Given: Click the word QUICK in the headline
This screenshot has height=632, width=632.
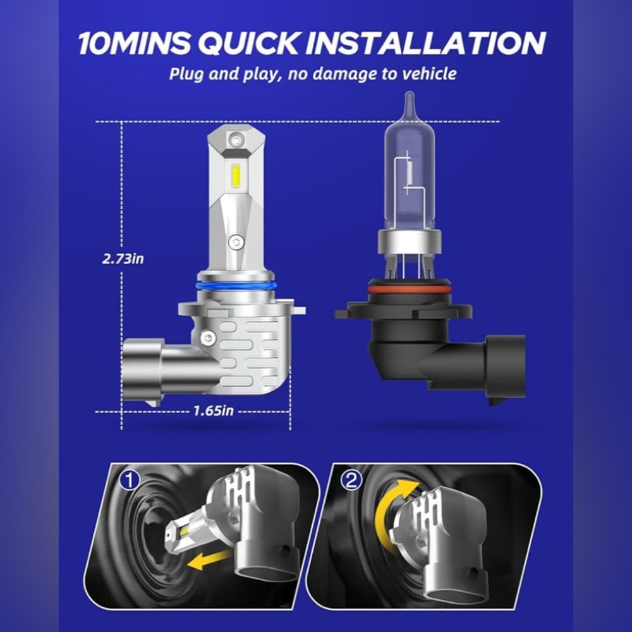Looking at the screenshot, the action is [249, 43].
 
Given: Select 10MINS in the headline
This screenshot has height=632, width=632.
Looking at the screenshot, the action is [134, 43].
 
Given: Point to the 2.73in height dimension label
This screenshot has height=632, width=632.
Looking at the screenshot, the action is [123, 258].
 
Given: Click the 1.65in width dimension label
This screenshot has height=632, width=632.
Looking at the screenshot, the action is [213, 411].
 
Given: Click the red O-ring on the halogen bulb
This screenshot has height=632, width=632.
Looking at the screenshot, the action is [409, 289].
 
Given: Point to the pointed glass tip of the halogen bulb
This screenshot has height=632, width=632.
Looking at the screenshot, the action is [409, 97].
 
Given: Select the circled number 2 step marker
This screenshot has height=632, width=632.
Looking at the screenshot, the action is [351, 481].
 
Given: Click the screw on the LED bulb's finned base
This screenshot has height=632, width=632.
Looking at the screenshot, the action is [208, 337].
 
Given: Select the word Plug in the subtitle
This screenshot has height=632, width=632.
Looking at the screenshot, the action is [186, 74].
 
